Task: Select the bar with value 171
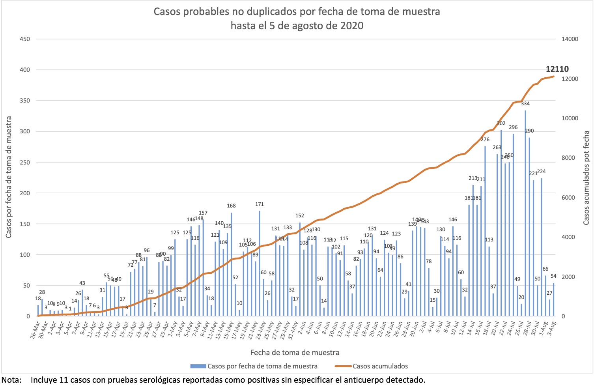click(x=260, y=264)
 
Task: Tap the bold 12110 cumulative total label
click(x=557, y=69)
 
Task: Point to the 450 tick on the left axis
click(x=25, y=39)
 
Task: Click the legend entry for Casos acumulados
click(x=380, y=366)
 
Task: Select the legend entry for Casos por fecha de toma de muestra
click(x=262, y=366)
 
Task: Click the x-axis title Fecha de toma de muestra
click(x=295, y=352)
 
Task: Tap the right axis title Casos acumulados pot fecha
click(x=587, y=178)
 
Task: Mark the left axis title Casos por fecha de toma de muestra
click(x=8, y=177)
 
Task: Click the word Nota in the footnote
click(x=11, y=380)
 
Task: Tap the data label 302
click(x=501, y=123)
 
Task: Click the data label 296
click(x=513, y=127)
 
